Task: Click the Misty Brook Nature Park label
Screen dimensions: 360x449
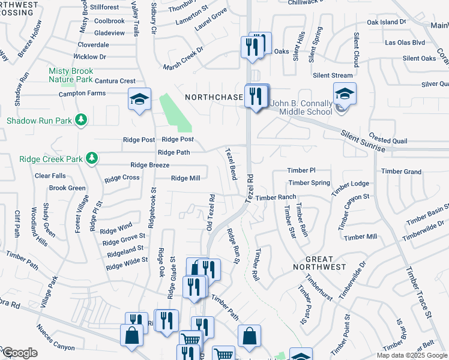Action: pyautogui.click(x=71, y=75)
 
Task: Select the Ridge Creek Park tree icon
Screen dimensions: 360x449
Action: pyautogui.click(x=91, y=158)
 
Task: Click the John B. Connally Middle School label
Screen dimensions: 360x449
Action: pyautogui.click(x=301, y=107)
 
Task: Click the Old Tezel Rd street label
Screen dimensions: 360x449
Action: pyautogui.click(x=211, y=212)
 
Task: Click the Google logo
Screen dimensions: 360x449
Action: pyautogui.click(x=19, y=353)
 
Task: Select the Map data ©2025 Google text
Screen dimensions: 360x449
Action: pyautogui.click(x=412, y=355)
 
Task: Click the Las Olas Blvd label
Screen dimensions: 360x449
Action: pyautogui.click(x=405, y=43)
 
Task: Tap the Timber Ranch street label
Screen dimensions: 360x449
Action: pyautogui.click(x=276, y=197)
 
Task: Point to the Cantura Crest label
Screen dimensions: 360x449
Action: pyautogui.click(x=110, y=81)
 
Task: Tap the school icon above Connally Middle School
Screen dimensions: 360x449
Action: pyautogui.click(x=345, y=93)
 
